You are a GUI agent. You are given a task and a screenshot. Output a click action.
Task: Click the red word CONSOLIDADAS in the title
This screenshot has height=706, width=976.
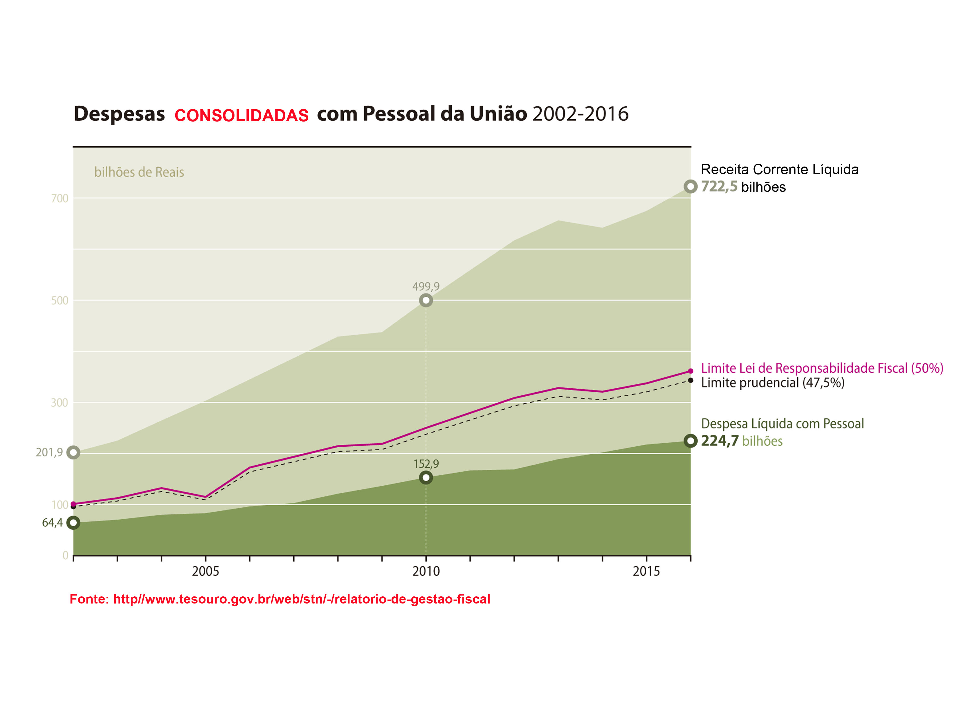click(x=241, y=115)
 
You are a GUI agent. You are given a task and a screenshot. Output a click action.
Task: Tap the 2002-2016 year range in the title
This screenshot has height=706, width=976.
click(x=580, y=114)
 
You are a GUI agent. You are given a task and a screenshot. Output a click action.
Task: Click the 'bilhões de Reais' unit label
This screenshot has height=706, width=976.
click(x=139, y=173)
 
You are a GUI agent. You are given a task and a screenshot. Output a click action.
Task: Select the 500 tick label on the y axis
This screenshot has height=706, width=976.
click(x=60, y=301)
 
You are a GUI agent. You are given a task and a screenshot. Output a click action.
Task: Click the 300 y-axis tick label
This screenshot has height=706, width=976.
click(x=60, y=403)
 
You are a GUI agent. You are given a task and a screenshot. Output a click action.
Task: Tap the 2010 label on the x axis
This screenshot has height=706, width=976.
click(x=426, y=571)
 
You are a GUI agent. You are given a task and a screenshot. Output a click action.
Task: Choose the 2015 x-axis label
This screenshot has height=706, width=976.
click(x=646, y=571)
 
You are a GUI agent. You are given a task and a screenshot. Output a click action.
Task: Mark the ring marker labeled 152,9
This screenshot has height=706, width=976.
click(x=426, y=478)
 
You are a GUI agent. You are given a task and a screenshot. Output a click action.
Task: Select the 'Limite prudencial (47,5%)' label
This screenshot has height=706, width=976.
click(x=773, y=383)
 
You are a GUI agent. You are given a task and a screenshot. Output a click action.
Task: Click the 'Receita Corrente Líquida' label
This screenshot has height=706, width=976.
click(x=779, y=169)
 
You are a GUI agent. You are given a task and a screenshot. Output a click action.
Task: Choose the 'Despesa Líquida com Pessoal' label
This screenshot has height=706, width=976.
click(x=782, y=424)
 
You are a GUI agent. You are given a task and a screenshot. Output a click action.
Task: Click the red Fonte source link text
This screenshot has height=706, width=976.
click(x=280, y=599)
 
